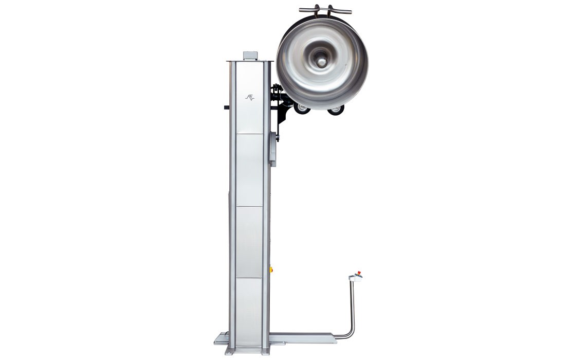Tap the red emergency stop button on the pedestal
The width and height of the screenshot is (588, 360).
[358, 274]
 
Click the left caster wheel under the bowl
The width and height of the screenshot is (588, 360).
[302, 109]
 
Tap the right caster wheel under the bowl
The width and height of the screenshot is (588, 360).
[336, 109]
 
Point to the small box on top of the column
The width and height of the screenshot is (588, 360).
[250, 55]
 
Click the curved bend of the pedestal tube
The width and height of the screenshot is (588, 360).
[350, 333]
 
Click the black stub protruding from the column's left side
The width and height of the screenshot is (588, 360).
[226, 107]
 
